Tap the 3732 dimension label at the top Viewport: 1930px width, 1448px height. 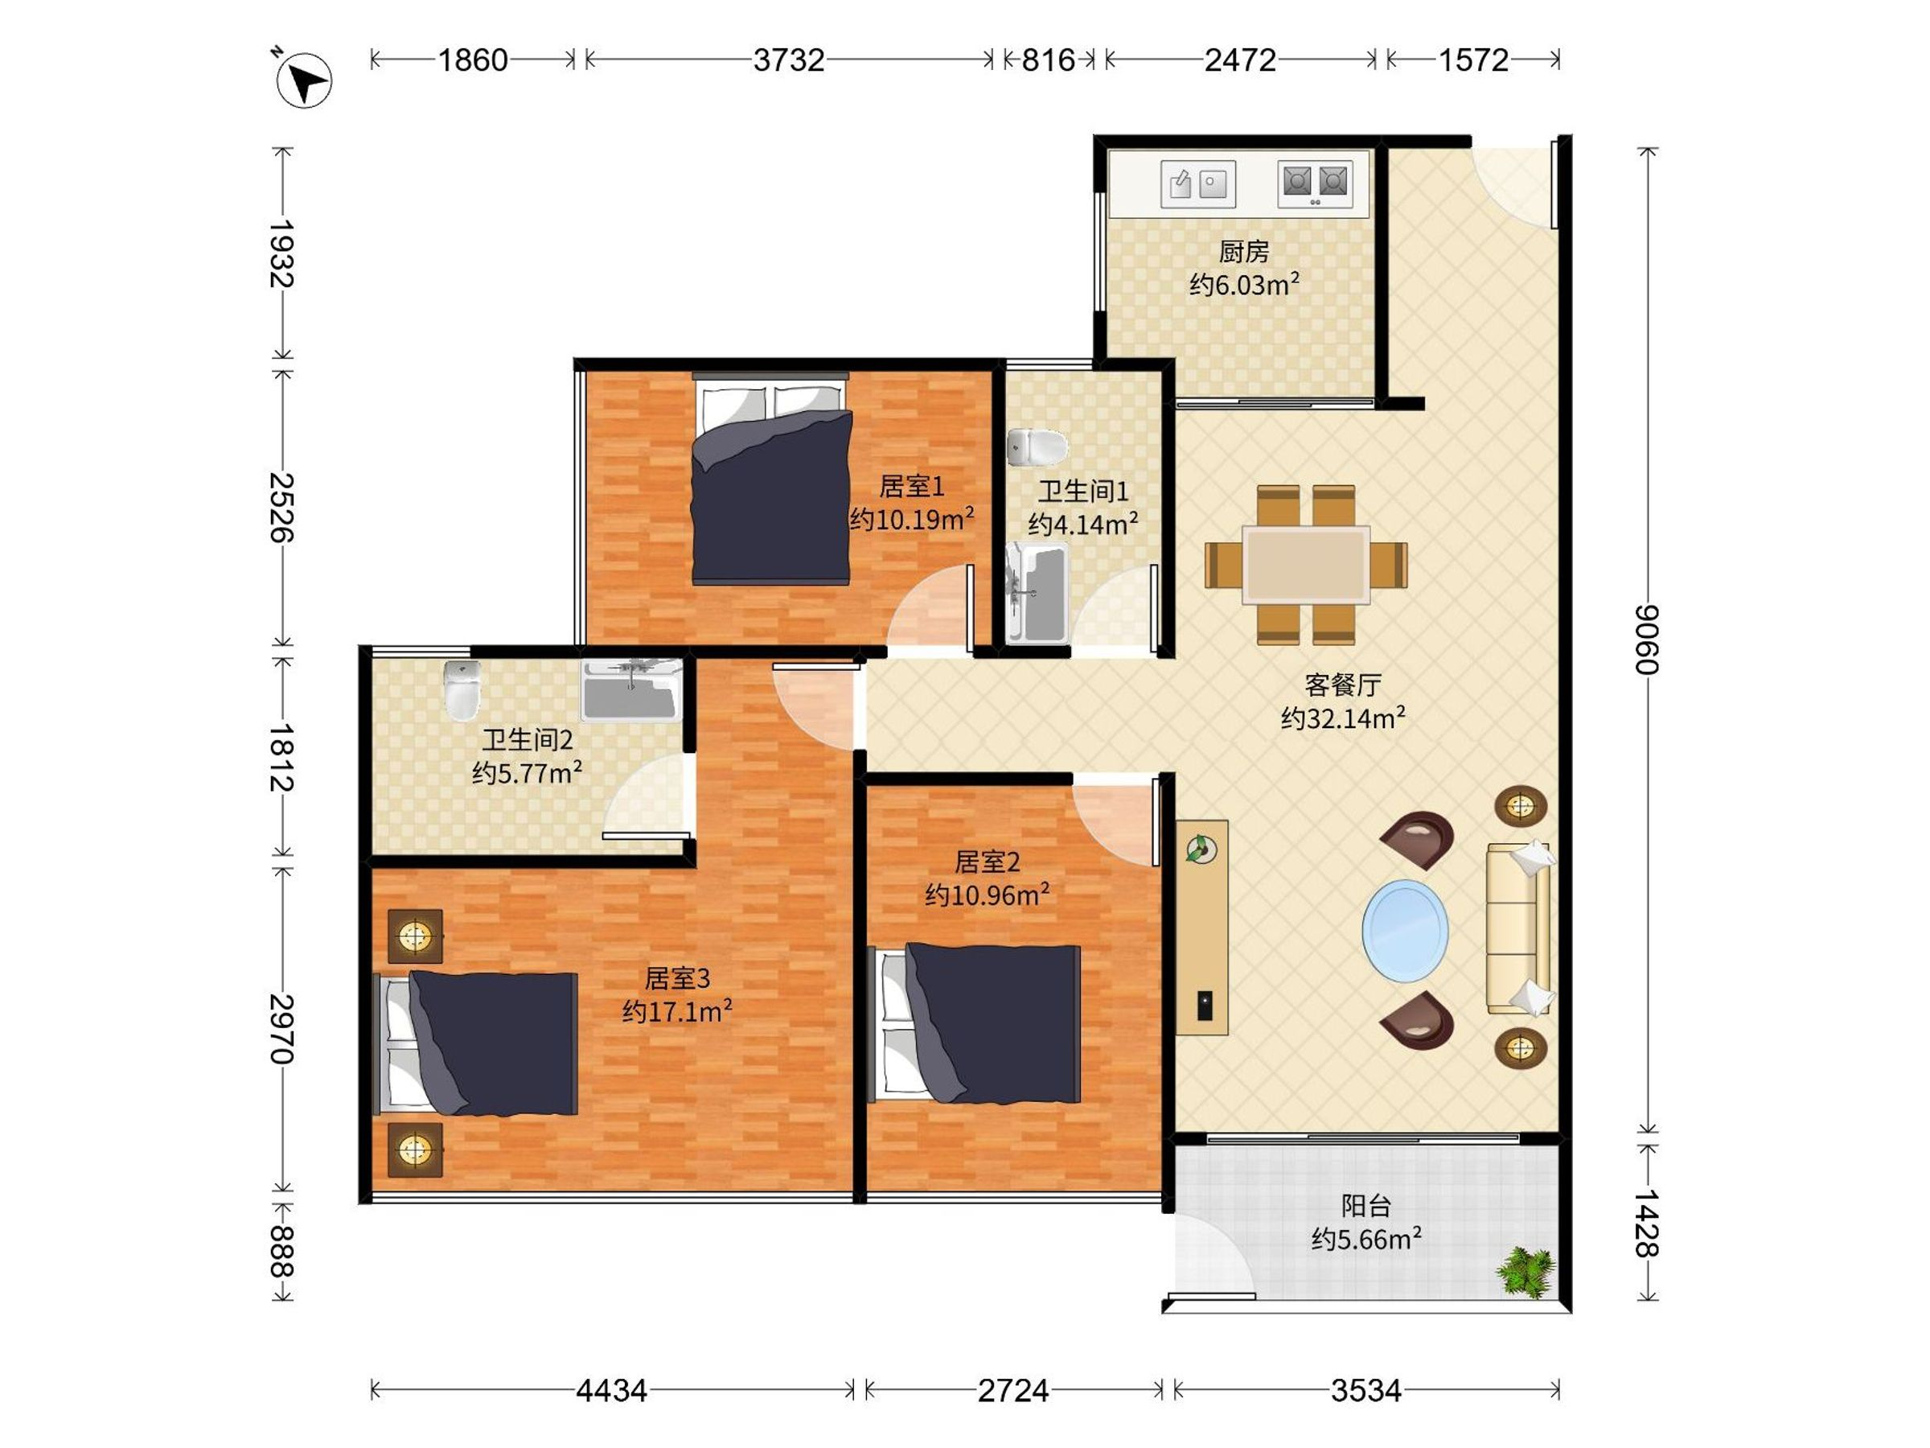789,60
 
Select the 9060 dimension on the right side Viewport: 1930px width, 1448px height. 1645,639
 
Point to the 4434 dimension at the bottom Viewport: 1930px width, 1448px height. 612,1389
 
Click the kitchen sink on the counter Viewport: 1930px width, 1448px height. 1198,184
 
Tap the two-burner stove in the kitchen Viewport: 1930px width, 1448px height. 1315,184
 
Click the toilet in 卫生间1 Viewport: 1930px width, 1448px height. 1037,448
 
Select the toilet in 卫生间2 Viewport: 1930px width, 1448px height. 462,689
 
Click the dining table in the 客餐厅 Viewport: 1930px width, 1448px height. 1306,565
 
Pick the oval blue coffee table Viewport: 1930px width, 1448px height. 1405,931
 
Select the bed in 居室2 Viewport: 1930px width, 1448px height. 978,1023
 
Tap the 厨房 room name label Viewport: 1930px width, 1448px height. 1243,251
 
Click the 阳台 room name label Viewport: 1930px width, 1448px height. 1365,1205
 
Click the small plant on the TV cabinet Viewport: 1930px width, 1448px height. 1201,848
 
